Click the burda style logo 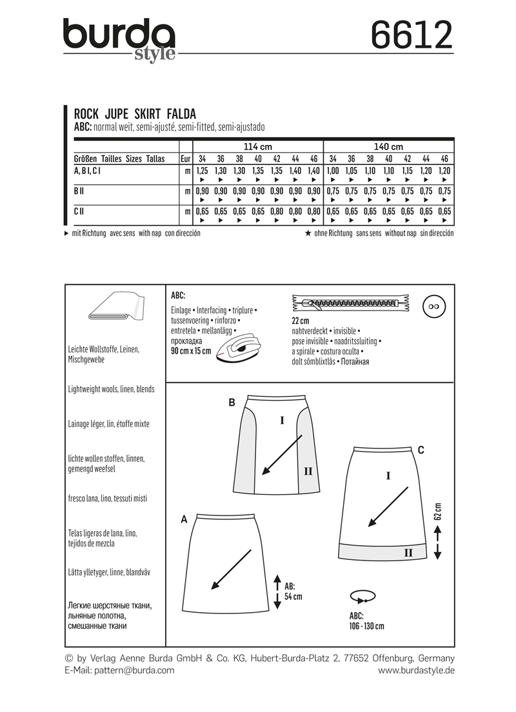tap(119, 39)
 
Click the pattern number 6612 tap(412, 35)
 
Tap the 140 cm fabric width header tap(388, 146)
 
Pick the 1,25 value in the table tap(202, 171)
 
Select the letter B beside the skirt tap(232, 403)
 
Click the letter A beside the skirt tap(184, 519)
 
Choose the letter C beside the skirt tap(421, 450)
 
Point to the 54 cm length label tap(293, 592)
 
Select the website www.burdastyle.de tap(416, 670)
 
